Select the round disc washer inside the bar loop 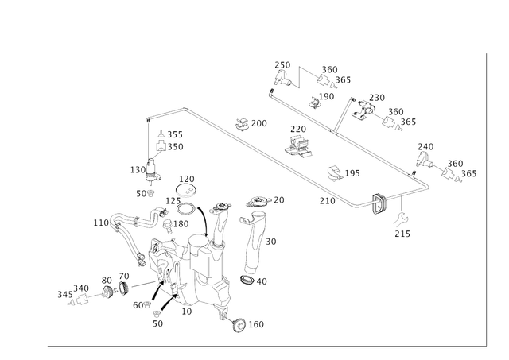coord(335,172)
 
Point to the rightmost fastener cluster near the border coord(453,168)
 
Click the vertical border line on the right coord(484,199)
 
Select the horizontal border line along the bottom coord(262,346)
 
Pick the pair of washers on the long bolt coord(115,283)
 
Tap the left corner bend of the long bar coord(148,118)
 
